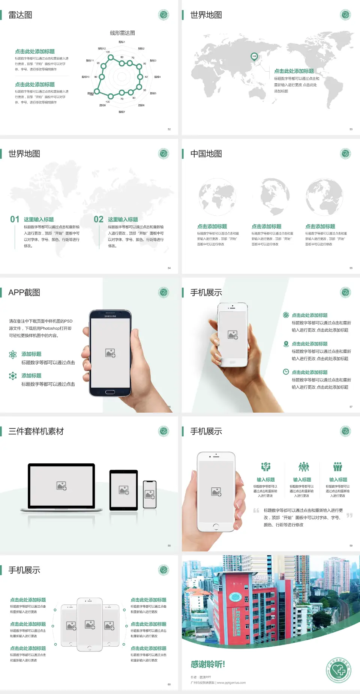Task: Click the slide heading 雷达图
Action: click(20, 15)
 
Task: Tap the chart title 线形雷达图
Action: click(122, 33)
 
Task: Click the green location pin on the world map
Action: click(254, 57)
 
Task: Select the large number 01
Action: click(15, 219)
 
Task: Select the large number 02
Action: click(99, 219)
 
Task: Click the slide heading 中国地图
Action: click(206, 154)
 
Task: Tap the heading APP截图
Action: click(24, 293)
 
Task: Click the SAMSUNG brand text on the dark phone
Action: click(110, 316)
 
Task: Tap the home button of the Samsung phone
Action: click(110, 392)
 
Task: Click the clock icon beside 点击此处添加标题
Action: click(286, 372)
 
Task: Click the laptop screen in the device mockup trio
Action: click(61, 485)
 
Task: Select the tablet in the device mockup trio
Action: click(124, 490)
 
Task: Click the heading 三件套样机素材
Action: click(36, 431)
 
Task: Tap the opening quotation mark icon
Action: click(256, 511)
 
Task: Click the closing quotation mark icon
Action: click(349, 515)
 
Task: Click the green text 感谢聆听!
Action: click(208, 664)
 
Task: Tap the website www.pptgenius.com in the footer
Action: click(231, 683)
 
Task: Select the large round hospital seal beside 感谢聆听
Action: click(339, 670)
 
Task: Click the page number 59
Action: click(351, 545)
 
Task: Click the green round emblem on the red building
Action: click(235, 597)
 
